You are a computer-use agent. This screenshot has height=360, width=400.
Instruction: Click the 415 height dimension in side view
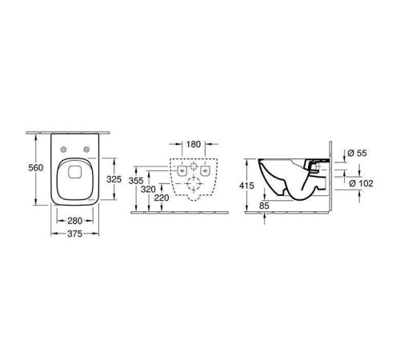(x=248, y=186)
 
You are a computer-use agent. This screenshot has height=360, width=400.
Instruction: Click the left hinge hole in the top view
(x=64, y=151)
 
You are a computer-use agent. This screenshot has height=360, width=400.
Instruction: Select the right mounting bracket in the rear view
(x=206, y=170)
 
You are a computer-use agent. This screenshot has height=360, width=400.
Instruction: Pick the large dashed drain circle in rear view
(x=194, y=186)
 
